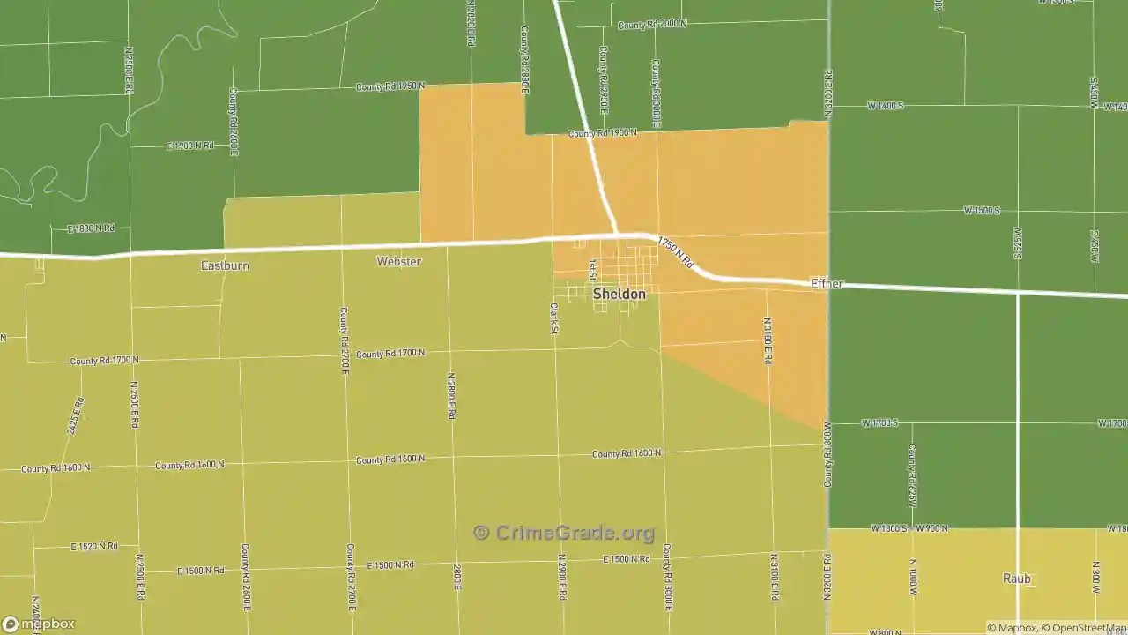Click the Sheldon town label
(x=619, y=294)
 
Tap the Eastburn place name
(x=225, y=265)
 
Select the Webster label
(x=398, y=262)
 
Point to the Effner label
(x=827, y=284)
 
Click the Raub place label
(x=1016, y=579)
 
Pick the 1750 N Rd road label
(x=676, y=253)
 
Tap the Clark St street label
(x=553, y=319)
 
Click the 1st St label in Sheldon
(x=593, y=269)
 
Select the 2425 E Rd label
(x=77, y=417)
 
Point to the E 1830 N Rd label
(x=92, y=228)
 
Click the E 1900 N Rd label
(x=190, y=146)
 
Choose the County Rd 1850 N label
(x=390, y=86)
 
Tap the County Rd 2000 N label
(x=652, y=25)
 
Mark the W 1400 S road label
(x=885, y=106)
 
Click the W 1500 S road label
(x=982, y=211)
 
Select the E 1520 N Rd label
(x=94, y=547)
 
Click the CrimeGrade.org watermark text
(x=564, y=533)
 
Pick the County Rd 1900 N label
(x=602, y=133)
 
